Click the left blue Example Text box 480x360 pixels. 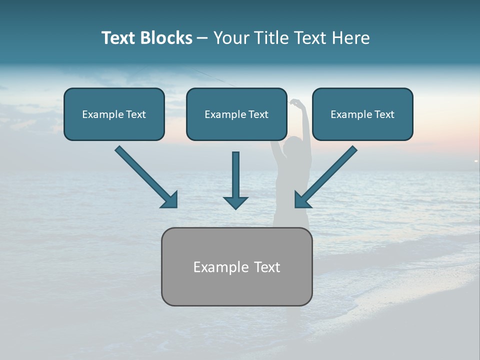114,114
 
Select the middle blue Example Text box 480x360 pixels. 236,114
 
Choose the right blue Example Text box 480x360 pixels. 362,114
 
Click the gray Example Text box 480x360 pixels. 236,266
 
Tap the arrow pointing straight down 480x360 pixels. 235,177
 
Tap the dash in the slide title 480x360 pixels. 202,38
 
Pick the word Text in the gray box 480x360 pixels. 267,267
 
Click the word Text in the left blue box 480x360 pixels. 136,114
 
